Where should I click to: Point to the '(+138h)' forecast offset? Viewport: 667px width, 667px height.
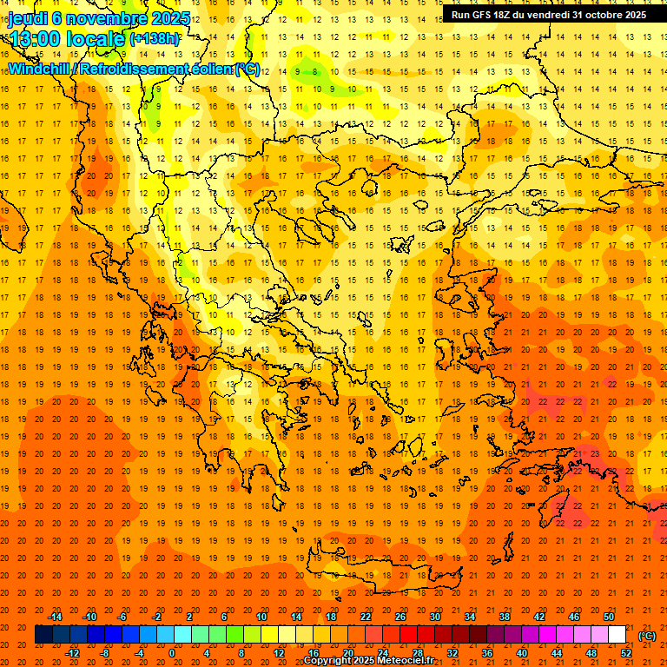155,38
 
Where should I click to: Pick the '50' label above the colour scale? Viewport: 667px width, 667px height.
609,617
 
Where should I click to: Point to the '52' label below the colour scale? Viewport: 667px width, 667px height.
626,653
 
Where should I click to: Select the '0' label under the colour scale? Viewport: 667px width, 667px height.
172,653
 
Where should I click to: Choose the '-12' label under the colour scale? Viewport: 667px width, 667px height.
72,653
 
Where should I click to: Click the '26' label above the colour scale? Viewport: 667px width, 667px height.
400,617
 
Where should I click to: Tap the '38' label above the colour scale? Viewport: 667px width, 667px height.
505,617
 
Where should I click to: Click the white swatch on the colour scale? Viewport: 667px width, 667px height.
617,635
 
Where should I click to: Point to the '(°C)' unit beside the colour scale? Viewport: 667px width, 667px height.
647,636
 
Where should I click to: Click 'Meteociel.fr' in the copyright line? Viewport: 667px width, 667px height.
411,661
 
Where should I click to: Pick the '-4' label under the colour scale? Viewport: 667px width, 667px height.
140,653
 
